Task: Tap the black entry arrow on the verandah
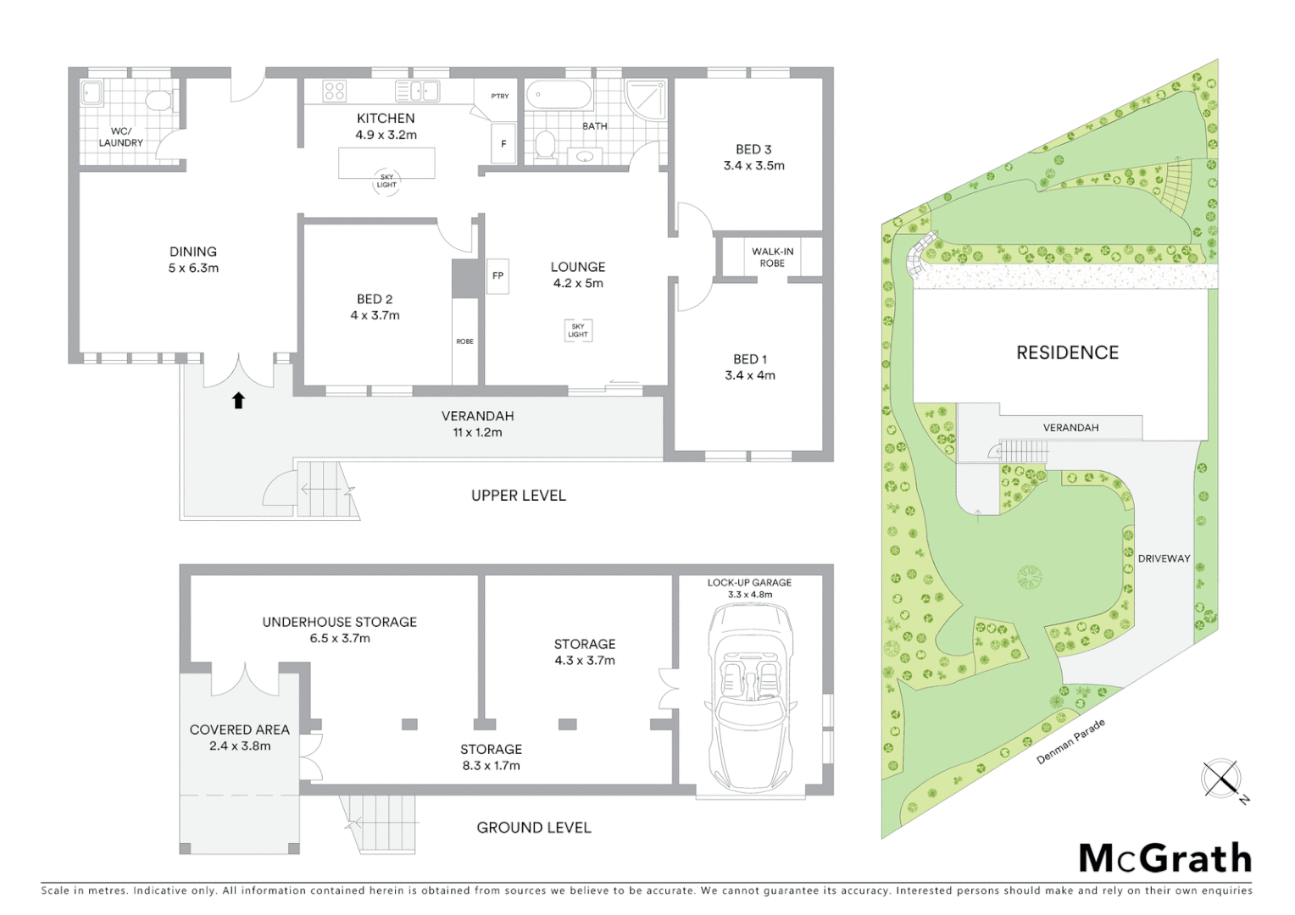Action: [x=238, y=401]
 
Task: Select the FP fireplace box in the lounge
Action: [x=497, y=275]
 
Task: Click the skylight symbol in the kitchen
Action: [x=386, y=181]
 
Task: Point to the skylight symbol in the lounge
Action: [x=578, y=330]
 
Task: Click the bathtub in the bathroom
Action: [x=559, y=95]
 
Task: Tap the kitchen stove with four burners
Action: [x=334, y=91]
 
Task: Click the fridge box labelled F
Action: [x=503, y=144]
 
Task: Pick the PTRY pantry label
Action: [x=500, y=96]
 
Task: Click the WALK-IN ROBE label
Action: [x=772, y=258]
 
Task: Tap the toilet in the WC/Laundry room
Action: [x=158, y=101]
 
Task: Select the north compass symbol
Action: [x=1221, y=779]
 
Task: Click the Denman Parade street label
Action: [x=1071, y=742]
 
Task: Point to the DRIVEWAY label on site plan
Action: [x=1164, y=558]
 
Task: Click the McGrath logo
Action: [x=1164, y=858]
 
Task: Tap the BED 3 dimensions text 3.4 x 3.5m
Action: [x=753, y=166]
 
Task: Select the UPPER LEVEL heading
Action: [x=518, y=496]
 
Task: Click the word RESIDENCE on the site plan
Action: [x=1067, y=352]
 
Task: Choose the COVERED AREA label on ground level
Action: [x=239, y=729]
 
